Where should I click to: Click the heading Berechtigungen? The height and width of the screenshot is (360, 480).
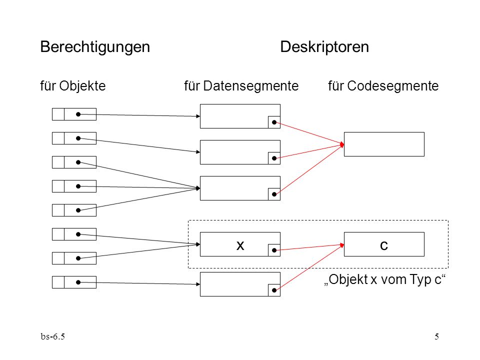click(x=95, y=47)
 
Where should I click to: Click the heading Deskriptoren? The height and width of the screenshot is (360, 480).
click(x=324, y=47)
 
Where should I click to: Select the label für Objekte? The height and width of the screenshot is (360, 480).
click(x=73, y=86)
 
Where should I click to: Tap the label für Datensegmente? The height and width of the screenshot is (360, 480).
click(x=241, y=86)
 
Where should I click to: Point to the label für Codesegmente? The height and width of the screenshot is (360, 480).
click(x=383, y=86)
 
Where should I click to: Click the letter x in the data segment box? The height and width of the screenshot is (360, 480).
click(x=240, y=245)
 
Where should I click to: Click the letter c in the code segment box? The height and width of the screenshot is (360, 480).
click(x=384, y=245)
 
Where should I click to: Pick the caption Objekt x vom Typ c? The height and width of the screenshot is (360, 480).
click(x=385, y=279)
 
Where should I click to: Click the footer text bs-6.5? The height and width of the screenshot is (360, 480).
click(x=52, y=336)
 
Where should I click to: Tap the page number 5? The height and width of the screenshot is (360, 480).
click(x=437, y=336)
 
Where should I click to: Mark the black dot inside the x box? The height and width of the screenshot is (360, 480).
click(x=274, y=250)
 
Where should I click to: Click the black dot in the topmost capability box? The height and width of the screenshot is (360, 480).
click(x=78, y=114)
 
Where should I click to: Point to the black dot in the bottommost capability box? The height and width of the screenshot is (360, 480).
click(x=78, y=282)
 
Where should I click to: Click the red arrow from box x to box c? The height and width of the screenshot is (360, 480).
click(x=309, y=247)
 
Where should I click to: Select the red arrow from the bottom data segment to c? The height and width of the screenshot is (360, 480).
click(x=309, y=267)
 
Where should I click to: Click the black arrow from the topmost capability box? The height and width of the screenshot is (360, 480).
click(x=139, y=115)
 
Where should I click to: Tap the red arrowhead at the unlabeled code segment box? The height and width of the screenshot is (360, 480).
click(x=342, y=144)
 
